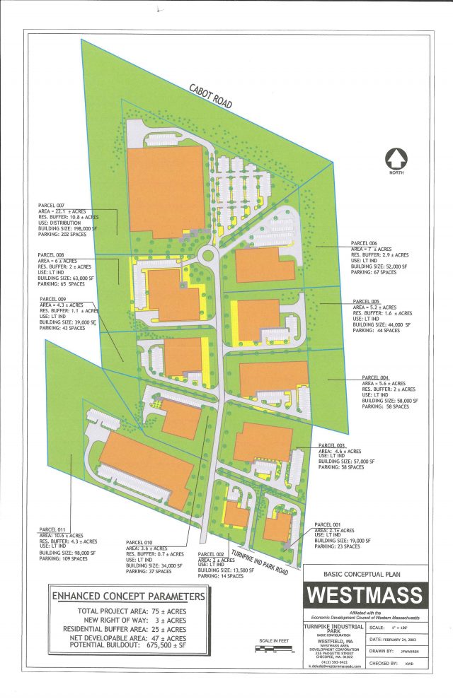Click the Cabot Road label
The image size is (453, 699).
point(210,96)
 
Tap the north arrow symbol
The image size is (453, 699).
point(394,158)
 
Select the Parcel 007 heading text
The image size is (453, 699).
point(52,205)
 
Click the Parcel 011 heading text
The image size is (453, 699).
point(52,529)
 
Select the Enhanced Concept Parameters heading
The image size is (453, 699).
point(128,597)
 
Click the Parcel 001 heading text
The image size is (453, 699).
point(331,524)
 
